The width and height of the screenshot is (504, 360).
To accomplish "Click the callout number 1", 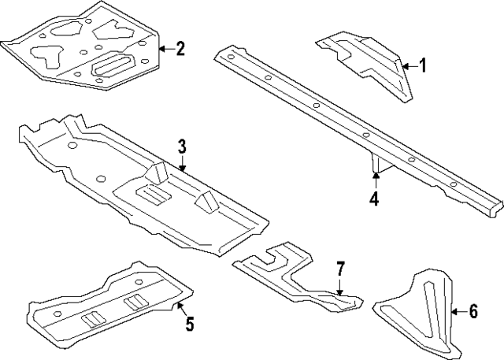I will point(421,66).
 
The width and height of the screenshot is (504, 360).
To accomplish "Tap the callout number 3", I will point(182,146).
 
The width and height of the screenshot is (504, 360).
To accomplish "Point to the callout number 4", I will point(375,199).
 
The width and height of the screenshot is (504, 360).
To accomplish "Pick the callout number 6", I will point(472,312).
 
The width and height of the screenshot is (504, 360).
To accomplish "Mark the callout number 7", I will point(340,269).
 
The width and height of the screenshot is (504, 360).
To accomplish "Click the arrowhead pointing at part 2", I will point(161,49).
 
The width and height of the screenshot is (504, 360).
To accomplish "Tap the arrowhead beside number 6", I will point(454,312).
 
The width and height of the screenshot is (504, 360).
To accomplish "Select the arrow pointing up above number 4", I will point(375,176).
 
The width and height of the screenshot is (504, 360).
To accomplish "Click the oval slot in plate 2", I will point(115,66).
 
